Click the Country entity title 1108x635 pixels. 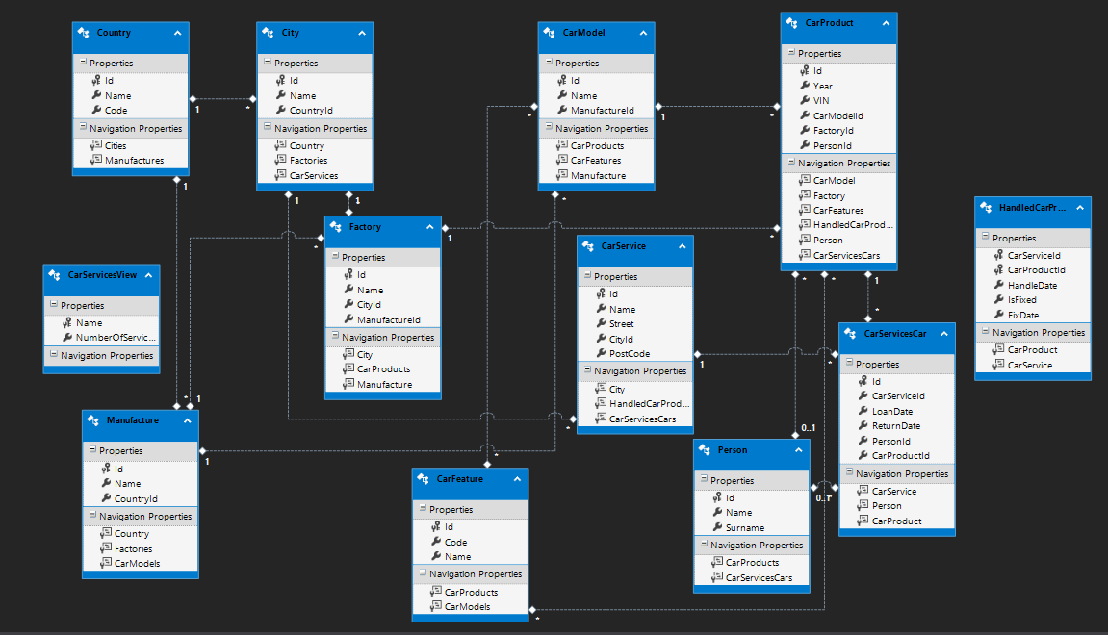114,33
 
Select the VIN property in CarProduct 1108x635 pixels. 821,100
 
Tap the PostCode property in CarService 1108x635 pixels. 629,354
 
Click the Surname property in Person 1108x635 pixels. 745,527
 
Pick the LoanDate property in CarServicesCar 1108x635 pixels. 891,411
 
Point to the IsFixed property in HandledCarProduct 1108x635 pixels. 1021,300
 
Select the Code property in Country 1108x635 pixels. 116,111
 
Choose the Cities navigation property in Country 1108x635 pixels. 116,146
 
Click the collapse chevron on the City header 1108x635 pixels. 362,33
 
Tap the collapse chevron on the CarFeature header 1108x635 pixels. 517,478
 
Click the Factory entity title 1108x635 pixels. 366,227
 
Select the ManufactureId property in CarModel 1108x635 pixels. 603,111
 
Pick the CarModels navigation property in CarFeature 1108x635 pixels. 467,607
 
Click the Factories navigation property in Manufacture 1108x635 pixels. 134,548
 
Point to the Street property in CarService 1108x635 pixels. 622,324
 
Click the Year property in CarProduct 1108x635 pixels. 823,86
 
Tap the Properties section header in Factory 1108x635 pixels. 363,258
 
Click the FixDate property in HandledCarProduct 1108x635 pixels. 1023,315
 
